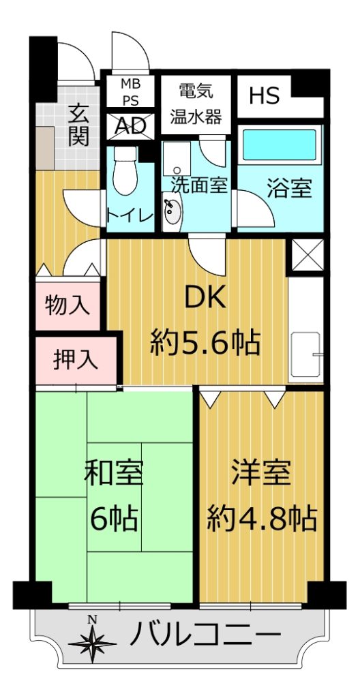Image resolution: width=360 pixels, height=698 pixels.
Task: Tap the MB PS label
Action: tap(131, 92)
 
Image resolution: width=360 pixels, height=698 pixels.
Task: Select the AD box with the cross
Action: tap(130, 126)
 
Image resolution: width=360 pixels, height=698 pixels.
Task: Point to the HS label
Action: tap(265, 95)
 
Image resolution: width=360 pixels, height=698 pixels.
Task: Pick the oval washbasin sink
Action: tap(173, 212)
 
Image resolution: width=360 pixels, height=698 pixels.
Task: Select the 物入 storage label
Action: tap(67, 306)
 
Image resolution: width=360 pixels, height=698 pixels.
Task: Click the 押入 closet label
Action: tap(76, 360)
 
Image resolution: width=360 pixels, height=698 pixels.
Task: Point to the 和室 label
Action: tap(114, 475)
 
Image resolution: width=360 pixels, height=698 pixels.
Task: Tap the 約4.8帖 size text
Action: tap(262, 518)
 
